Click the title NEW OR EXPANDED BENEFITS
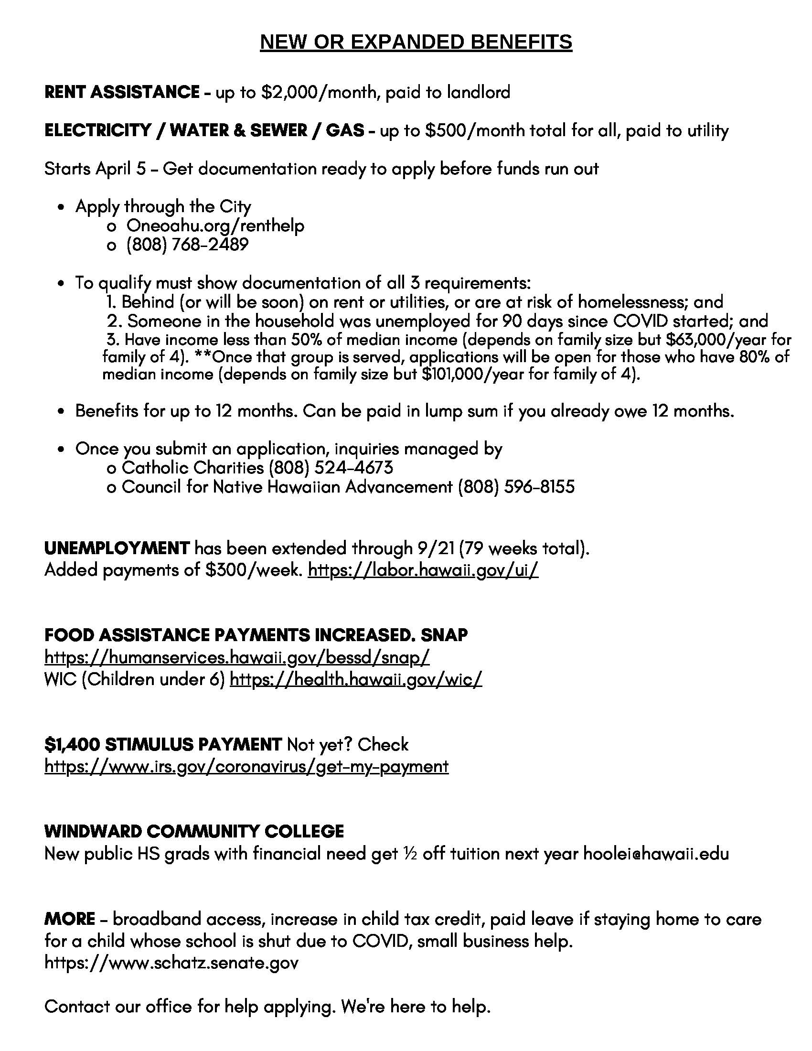416,43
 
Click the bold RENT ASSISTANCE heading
122,92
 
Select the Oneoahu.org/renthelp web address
215,225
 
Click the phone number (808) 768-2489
187,245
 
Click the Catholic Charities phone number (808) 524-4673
331,467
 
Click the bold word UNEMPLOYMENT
117,548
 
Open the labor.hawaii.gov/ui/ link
423,570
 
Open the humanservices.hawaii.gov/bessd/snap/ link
236,657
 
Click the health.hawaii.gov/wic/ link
356,679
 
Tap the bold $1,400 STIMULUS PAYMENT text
163,745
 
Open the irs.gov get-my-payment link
246,767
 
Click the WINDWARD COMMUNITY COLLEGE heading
194,832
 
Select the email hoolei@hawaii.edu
656,854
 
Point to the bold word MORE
69,919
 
